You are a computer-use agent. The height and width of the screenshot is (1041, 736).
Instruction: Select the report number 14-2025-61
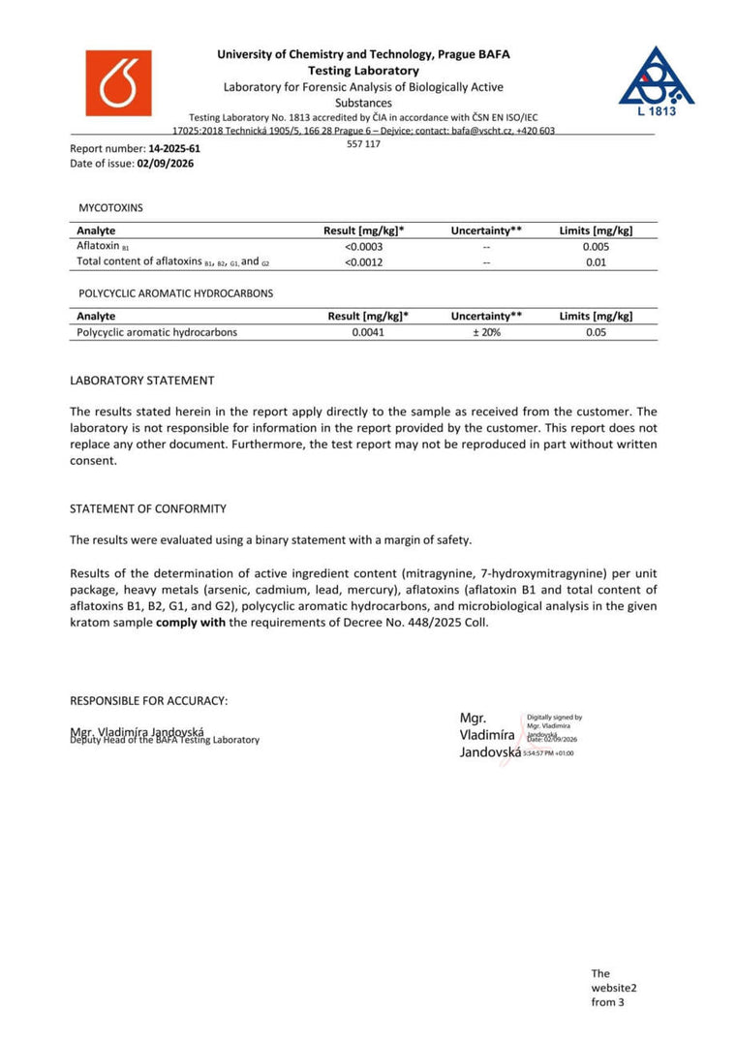[174, 149]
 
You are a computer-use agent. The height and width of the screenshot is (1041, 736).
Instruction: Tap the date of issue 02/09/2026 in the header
[166, 164]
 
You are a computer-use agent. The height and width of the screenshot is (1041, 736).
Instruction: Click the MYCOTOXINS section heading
[111, 208]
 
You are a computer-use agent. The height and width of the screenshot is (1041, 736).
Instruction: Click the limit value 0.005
[597, 246]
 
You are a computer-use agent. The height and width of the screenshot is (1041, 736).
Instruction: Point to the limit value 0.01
[597, 261]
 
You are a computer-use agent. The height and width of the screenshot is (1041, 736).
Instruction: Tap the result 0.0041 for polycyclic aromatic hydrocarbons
[368, 332]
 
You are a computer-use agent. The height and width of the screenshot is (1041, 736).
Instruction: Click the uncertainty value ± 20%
[486, 332]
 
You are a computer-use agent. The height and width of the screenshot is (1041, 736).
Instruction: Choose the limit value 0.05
[597, 332]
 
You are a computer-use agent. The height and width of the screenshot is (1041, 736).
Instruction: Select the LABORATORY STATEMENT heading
[142, 381]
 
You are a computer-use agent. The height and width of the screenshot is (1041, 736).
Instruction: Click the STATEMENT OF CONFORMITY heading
[148, 508]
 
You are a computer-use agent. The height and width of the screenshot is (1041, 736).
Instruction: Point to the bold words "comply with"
[191, 622]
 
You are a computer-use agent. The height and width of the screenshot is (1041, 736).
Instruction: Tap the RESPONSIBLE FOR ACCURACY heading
[149, 700]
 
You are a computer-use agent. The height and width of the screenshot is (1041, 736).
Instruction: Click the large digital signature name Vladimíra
[489, 735]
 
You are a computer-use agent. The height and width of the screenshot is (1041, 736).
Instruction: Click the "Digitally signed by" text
[555, 718]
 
